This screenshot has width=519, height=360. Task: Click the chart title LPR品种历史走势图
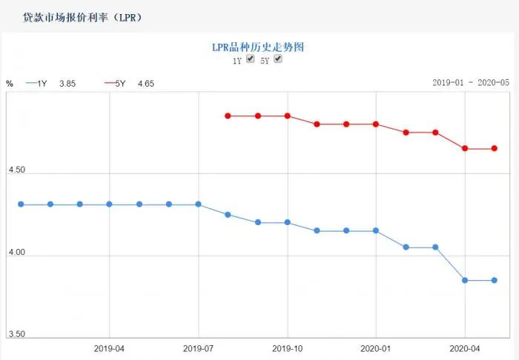click(x=258, y=47)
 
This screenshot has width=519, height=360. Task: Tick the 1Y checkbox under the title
click(x=251, y=59)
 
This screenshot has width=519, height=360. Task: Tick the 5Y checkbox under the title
click(x=278, y=59)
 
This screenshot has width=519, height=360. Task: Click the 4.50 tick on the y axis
click(x=16, y=170)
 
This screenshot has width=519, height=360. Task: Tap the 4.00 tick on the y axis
click(x=16, y=253)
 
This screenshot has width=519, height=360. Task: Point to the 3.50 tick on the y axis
click(x=16, y=335)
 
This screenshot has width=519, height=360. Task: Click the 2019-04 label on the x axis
click(x=109, y=347)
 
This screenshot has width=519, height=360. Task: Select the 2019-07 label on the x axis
click(x=198, y=347)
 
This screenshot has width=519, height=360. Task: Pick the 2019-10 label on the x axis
click(x=287, y=347)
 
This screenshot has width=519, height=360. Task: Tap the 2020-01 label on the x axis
click(x=376, y=347)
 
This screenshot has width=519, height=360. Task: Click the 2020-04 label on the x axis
click(x=465, y=347)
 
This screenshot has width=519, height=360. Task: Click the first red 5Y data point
click(x=228, y=116)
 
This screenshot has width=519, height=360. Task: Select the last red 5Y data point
click(x=495, y=148)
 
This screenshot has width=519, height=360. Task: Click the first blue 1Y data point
click(x=21, y=204)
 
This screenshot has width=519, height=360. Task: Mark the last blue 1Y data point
click(x=495, y=280)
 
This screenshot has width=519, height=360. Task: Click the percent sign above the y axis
click(x=10, y=83)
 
